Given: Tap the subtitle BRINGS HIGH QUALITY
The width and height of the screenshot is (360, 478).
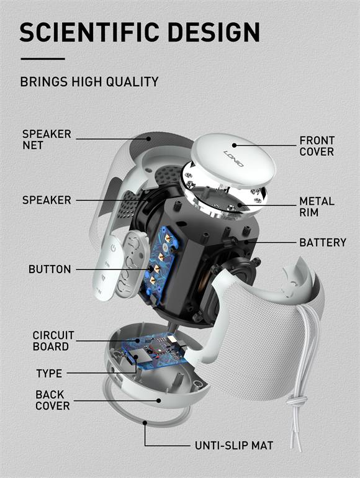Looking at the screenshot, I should (89, 81).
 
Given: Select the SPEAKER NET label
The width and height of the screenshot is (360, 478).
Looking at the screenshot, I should (47, 140).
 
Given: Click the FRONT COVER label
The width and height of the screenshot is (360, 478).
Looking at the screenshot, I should (317, 147).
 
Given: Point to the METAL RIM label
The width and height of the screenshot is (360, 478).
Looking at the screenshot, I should (317, 207).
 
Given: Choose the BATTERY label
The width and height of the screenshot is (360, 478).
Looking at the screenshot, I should (323, 242).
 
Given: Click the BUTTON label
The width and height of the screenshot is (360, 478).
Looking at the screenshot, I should (50, 269).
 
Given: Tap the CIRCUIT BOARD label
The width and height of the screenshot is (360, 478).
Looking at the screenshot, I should (53, 341).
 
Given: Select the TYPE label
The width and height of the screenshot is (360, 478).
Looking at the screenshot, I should (49, 374).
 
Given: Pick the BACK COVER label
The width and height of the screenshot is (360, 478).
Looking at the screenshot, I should (52, 400).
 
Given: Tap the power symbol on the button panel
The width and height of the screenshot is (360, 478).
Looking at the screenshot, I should (113, 248).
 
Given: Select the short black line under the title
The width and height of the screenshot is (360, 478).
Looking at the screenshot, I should (42, 59).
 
